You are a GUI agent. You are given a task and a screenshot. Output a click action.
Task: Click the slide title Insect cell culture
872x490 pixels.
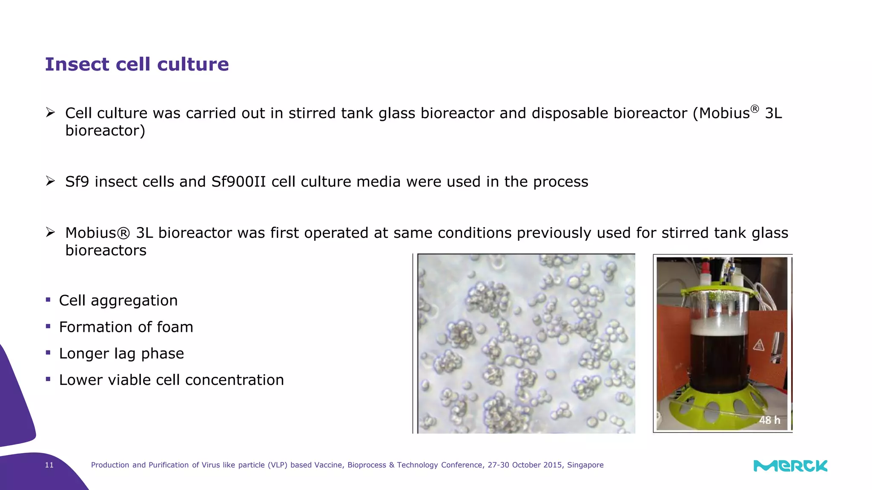137,65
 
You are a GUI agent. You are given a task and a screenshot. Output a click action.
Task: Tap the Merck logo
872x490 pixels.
790,466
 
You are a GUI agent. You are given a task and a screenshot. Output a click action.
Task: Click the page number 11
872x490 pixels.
49,465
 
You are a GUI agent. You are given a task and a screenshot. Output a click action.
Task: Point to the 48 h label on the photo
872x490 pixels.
769,420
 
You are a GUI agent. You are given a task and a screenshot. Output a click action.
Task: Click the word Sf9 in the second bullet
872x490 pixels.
77,182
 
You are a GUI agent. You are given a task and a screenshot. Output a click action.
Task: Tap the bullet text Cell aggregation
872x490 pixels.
118,301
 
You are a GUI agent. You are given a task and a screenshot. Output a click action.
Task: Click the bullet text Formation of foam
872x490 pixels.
126,327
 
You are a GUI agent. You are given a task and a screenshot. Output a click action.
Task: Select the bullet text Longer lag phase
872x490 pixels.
121,353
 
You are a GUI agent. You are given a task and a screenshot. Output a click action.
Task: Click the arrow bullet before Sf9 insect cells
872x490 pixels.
51,182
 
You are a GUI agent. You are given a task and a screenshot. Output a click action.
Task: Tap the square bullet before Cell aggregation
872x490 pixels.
48,299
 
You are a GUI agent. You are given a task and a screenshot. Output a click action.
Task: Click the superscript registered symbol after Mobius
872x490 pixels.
754,108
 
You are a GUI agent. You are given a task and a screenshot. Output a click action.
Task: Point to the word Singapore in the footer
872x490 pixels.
585,465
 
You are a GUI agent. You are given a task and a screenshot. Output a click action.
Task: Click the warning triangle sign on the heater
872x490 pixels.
758,345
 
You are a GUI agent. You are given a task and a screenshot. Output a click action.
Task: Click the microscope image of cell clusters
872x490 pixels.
526,344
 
